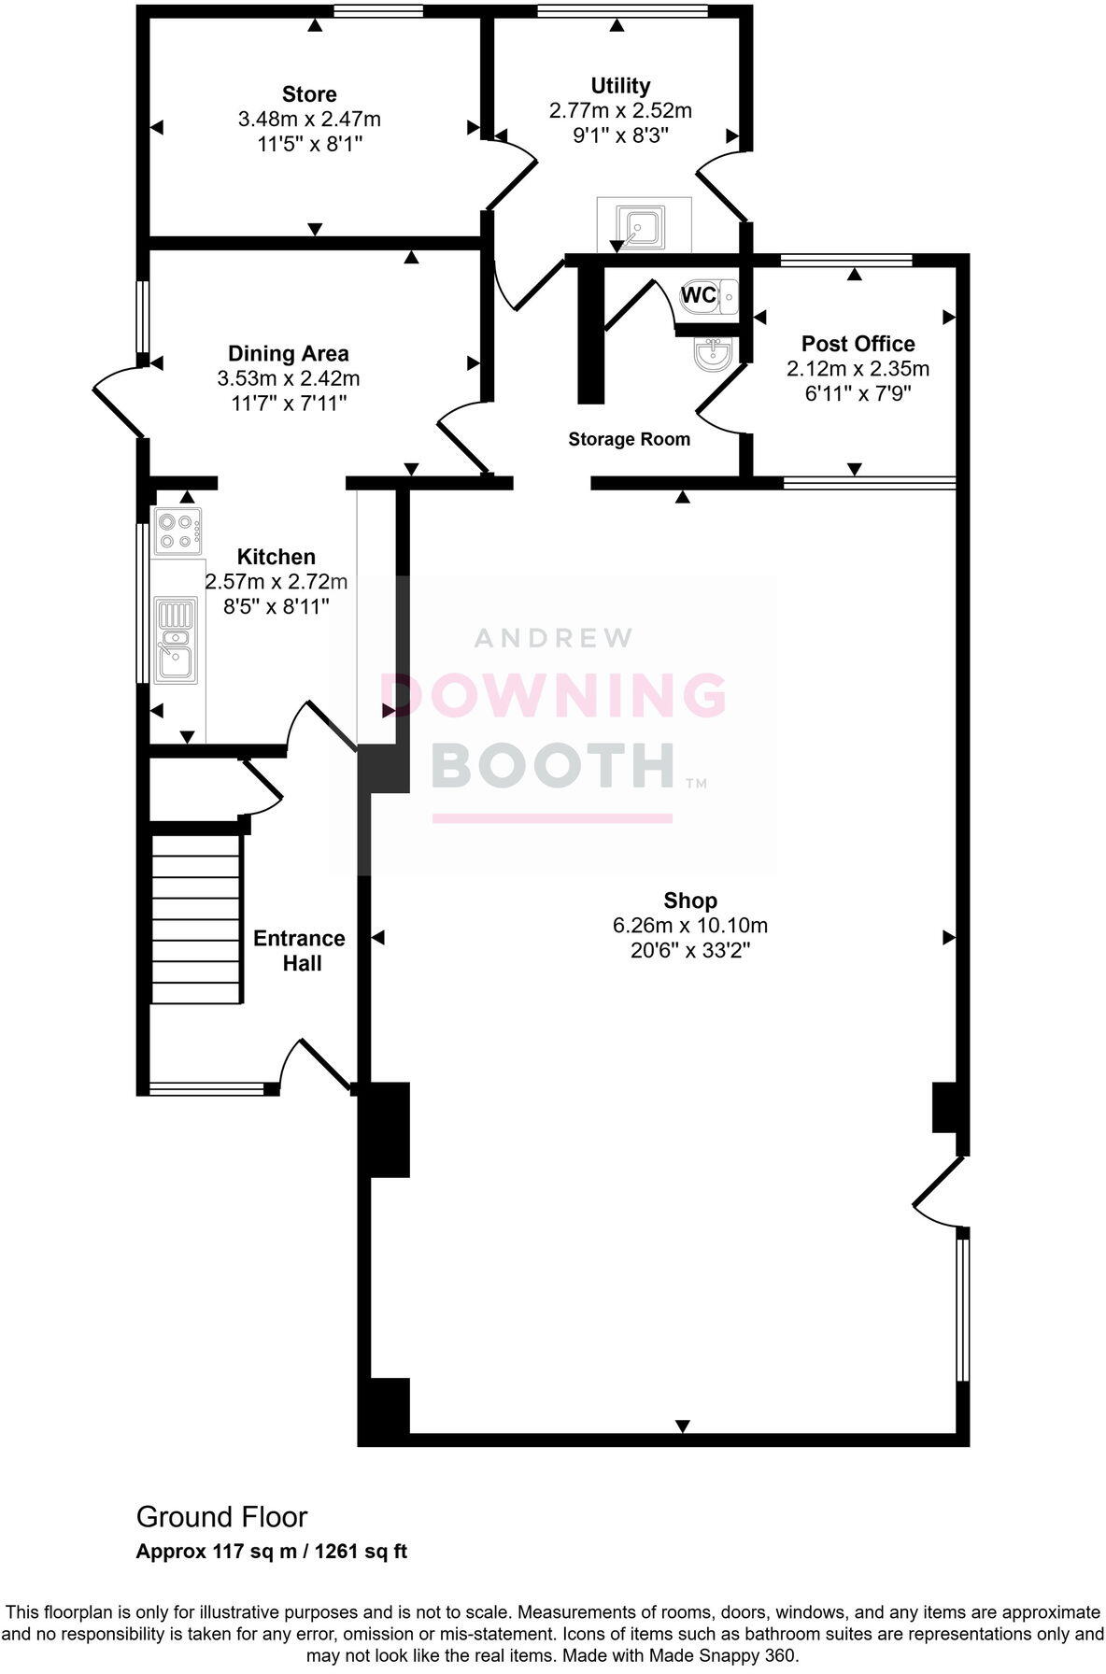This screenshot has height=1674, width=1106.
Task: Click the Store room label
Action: pyautogui.click(x=309, y=94)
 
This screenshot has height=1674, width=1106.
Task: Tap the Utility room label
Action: pyautogui.click(x=620, y=86)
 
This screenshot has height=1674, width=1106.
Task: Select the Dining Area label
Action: pyautogui.click(x=289, y=354)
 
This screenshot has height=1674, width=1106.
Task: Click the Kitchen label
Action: pyautogui.click(x=276, y=557)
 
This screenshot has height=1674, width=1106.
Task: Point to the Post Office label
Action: pyautogui.click(x=858, y=344)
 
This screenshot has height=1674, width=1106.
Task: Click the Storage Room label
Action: pyautogui.click(x=629, y=439)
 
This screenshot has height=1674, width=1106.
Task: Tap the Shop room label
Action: pyautogui.click(x=690, y=901)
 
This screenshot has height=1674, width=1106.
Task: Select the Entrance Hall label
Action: pyautogui.click(x=299, y=950)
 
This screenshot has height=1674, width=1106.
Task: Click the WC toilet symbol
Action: pyautogui.click(x=710, y=296)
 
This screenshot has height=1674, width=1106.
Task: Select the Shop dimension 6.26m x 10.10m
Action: pyautogui.click(x=690, y=926)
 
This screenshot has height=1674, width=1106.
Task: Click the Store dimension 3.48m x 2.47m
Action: pyautogui.click(x=309, y=120)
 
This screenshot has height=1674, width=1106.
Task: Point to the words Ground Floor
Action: pyautogui.click(x=221, y=1516)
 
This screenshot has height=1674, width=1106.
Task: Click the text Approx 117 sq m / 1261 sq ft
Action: pyautogui.click(x=272, y=1552)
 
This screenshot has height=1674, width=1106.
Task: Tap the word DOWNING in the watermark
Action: pyautogui.click(x=553, y=696)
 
